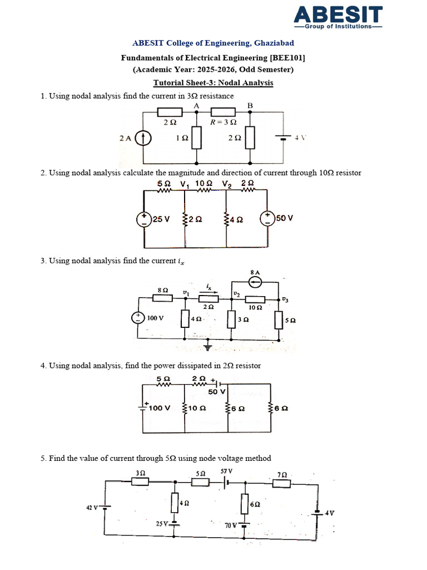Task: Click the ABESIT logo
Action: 338,17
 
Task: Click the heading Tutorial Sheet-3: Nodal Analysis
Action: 213,82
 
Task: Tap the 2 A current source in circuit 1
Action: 143,138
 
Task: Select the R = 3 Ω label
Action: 223,122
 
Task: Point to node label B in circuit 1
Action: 250,105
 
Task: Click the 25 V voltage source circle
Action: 144,219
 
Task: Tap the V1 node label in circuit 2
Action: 185,184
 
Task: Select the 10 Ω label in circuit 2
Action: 205,183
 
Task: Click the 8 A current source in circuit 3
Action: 255,282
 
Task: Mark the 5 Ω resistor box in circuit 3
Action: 279,320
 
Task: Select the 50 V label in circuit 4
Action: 216,392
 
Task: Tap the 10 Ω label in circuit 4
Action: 198,408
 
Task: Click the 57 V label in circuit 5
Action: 226,471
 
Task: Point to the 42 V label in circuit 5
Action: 91,508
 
